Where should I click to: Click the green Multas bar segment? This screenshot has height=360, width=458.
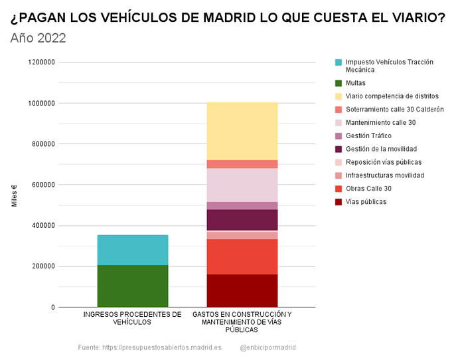tap(133, 286)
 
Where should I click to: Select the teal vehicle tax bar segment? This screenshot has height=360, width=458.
tap(133, 250)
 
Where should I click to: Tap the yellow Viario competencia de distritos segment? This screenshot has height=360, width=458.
tap(242, 132)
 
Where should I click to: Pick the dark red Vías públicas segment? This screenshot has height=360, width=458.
tap(242, 291)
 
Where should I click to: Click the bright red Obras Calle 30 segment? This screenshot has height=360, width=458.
tap(242, 257)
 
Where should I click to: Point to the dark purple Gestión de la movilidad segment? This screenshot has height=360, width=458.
tap(242, 220)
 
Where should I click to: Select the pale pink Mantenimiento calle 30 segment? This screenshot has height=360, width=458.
tap(242, 185)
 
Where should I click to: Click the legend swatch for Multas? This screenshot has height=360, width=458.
tap(339, 83)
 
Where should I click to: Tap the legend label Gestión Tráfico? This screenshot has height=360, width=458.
tap(368, 136)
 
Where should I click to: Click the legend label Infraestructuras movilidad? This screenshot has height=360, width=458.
tap(385, 175)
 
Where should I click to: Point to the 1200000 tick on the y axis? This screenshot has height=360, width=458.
tap(41, 62)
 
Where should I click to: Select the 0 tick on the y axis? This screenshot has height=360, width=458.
tap(53, 307)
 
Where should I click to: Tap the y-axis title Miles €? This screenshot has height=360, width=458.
tap(15, 196)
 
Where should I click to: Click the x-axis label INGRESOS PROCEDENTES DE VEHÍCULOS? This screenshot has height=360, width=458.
tap(132, 318)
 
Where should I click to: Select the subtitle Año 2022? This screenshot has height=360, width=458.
tap(38, 38)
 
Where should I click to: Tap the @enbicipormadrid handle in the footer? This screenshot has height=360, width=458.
tap(268, 347)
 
